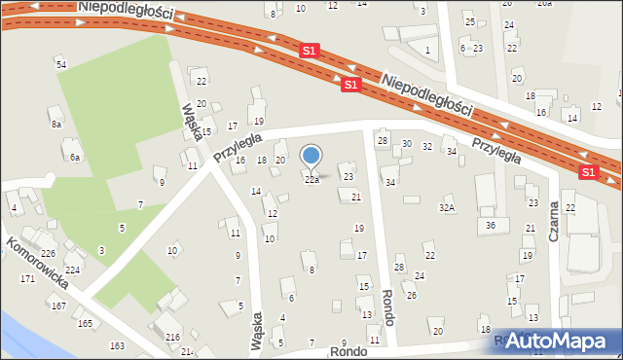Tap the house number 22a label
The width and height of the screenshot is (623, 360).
[x=311, y=180]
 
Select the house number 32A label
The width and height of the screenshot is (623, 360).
[x=447, y=207]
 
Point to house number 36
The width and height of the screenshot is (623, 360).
[x=491, y=225]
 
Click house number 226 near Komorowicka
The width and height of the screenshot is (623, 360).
[x=48, y=254]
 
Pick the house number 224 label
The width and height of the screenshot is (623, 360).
[x=72, y=270]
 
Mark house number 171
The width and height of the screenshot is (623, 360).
[x=28, y=279]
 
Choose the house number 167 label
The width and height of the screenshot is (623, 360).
[x=58, y=306]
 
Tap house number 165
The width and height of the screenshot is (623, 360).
[x=86, y=323]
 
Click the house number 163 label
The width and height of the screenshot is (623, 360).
[x=117, y=345]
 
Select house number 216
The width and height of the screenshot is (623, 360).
[x=172, y=337]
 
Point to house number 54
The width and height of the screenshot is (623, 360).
[x=60, y=64]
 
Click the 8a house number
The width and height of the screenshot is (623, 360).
[x=56, y=125]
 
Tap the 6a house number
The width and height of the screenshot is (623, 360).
[x=74, y=156]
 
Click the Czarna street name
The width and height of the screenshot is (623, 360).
[x=554, y=220]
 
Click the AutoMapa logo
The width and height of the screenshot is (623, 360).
[x=561, y=341]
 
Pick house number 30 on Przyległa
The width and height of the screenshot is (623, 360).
[x=407, y=144]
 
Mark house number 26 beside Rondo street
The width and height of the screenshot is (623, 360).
[x=412, y=295]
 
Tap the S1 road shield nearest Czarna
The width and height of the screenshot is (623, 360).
[x=588, y=171]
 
